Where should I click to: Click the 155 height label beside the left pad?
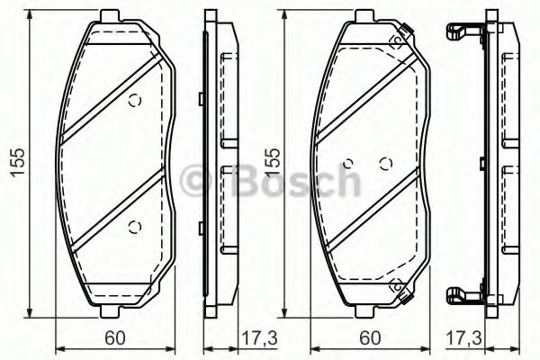pyautogui.click(x=18, y=163)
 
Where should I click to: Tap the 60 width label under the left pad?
pyautogui.click(x=114, y=337)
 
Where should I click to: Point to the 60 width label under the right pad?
pyautogui.click(x=370, y=337)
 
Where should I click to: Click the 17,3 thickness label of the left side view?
pyautogui.click(x=260, y=338)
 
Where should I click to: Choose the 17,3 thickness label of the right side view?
pyautogui.click(x=463, y=338)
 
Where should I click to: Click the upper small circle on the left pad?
pyautogui.click(x=135, y=101)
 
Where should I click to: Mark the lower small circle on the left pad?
pyautogui.click(x=135, y=226)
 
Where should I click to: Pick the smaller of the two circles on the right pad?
pyautogui.click(x=348, y=163)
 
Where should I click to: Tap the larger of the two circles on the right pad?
pyautogui.click(x=386, y=164)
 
